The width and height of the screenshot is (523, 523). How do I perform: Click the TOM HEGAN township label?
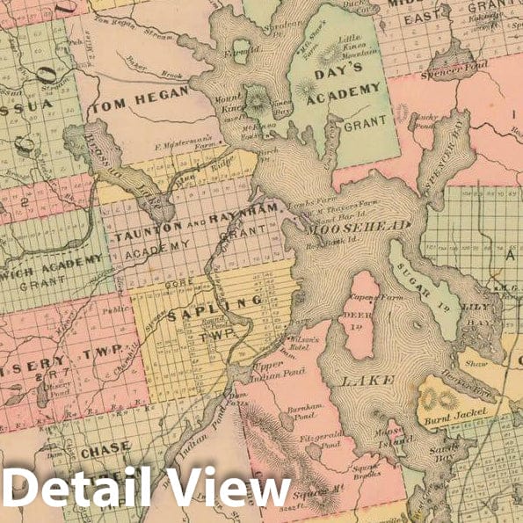pos(149,104)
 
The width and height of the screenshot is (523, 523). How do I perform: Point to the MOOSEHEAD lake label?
pos(360,226)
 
